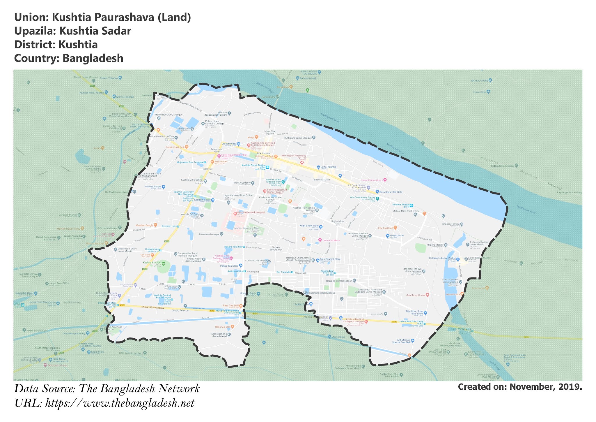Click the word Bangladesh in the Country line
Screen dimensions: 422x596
(93, 58)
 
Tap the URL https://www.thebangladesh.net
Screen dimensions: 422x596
(120, 403)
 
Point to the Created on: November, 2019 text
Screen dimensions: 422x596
(520, 387)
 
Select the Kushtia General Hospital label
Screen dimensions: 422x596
(251, 212)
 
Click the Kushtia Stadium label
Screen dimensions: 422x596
(152, 263)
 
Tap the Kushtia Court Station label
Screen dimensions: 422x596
(253, 165)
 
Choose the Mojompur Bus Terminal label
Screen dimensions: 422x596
(190, 162)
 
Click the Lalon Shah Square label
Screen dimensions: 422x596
(270, 132)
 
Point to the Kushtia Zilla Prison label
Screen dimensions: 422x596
(256, 261)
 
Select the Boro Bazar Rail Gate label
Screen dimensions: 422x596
(391, 192)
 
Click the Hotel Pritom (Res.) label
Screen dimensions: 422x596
(372, 180)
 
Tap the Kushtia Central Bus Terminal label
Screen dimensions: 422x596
(162, 296)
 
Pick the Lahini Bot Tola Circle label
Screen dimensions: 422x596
(411, 321)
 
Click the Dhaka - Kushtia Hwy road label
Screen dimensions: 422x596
(153, 307)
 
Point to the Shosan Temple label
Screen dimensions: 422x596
(451, 224)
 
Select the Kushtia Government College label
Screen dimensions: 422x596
(270, 198)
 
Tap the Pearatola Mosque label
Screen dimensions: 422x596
(209, 234)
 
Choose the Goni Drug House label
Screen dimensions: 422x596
(416, 295)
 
